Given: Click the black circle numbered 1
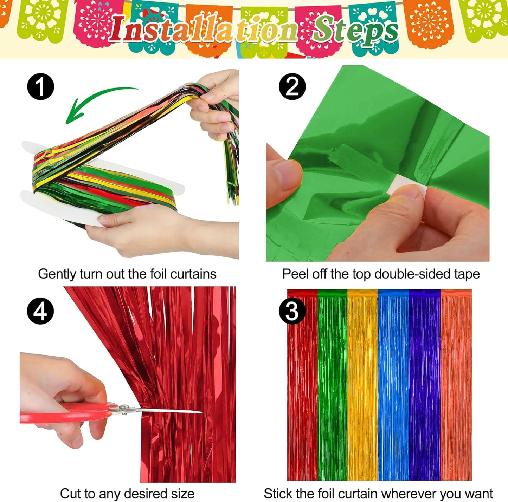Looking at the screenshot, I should point(40,86).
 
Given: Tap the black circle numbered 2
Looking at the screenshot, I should point(292,86).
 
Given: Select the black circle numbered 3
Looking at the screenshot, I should point(292,311).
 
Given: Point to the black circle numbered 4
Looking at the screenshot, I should point(40,311).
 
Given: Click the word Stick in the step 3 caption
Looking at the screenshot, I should point(277,494).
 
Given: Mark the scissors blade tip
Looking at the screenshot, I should point(201,412).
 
